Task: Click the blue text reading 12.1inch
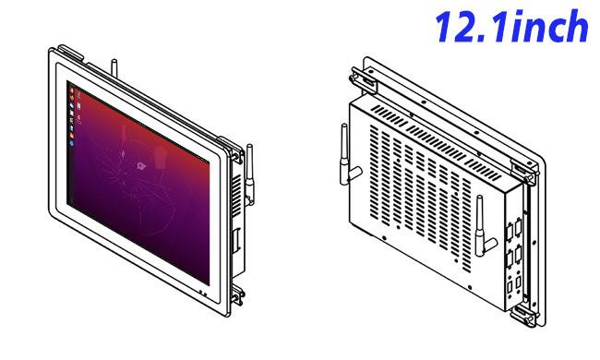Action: point(511,26)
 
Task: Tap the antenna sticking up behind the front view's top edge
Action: point(114,68)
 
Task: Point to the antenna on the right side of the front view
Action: point(249,174)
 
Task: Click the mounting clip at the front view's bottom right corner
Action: point(237,295)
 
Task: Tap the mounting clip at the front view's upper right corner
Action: point(235,150)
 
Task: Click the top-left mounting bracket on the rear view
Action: point(363,80)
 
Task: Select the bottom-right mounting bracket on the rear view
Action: point(524,315)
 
